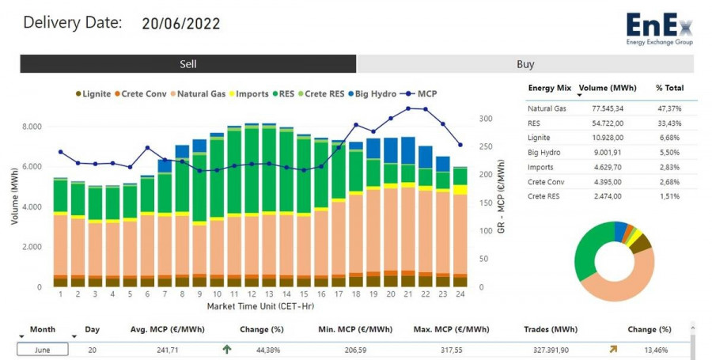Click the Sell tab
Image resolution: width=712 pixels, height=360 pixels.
tap(188, 64)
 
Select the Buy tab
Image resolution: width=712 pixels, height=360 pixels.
tap(525, 64)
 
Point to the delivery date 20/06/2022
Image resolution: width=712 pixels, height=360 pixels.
tap(181, 24)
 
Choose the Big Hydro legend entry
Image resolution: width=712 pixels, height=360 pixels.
tap(372, 94)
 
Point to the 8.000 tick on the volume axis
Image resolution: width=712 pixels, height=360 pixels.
tap(32, 127)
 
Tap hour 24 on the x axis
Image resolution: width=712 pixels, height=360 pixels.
tap(460, 294)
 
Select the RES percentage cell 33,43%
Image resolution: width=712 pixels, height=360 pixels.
tap(668, 123)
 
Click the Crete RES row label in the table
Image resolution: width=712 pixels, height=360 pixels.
tap(543, 196)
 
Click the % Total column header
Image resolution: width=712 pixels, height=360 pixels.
tap(669, 88)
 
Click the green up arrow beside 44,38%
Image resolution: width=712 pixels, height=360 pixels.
tap(227, 348)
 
